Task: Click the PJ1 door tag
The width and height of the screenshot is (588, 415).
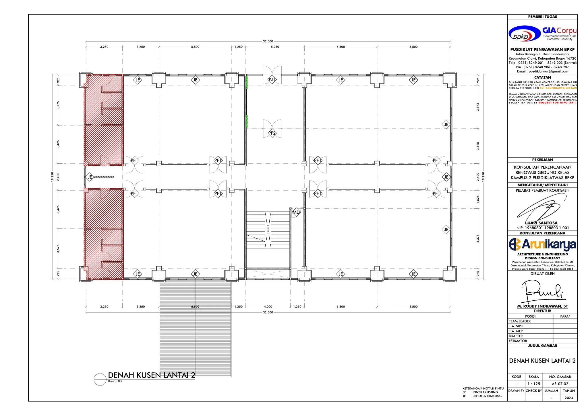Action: point(272,79)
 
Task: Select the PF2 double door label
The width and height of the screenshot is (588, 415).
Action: point(272,133)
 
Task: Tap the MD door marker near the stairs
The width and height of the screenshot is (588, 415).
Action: point(296,212)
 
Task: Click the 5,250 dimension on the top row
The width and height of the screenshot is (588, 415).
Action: point(275,47)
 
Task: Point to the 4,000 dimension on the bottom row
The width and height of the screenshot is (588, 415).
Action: point(268,307)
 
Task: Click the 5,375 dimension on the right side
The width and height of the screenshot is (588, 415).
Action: point(478,238)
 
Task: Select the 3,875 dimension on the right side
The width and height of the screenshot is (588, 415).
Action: point(478,107)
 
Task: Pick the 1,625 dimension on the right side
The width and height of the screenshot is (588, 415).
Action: point(478,199)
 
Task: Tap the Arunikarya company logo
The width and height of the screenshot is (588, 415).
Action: point(542,244)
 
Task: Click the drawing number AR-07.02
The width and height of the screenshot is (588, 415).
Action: point(560,384)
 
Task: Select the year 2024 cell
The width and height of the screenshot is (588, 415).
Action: point(568,398)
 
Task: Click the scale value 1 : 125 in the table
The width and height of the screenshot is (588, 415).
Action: point(533,384)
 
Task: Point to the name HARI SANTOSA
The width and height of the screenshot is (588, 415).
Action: point(542,223)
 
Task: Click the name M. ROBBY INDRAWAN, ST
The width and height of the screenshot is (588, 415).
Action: point(542,306)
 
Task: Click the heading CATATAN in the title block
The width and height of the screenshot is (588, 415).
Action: point(542,77)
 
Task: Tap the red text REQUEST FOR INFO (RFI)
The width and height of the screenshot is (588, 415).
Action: point(557,103)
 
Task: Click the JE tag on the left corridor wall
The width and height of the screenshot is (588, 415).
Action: point(90,177)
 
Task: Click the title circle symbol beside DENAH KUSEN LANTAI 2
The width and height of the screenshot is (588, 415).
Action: point(100,379)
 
